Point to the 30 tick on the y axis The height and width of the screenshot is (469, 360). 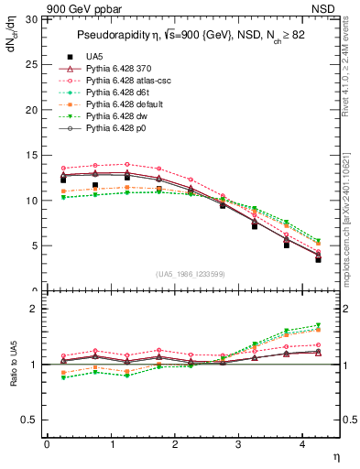31,19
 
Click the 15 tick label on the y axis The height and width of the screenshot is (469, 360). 31,155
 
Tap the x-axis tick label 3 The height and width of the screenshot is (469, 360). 239,444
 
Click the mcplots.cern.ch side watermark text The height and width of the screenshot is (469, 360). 349,220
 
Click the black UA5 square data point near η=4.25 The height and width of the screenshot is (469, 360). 318,259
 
